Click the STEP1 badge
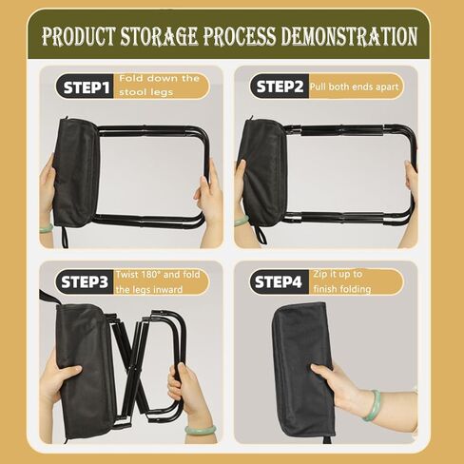pyautogui.click(x=85, y=87)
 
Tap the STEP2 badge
pyautogui.click(x=280, y=87)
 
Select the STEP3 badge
pyautogui.click(x=85, y=281)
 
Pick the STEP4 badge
pyautogui.click(x=279, y=281)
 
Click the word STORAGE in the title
pyautogui.click(x=159, y=35)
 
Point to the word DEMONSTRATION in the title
pyautogui.click(x=349, y=36)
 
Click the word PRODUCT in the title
pyautogui.click(x=79, y=36)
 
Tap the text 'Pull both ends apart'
pyautogui.click(x=354, y=87)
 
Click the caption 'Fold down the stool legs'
pyautogui.click(x=159, y=86)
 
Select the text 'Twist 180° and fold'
pyautogui.click(x=158, y=275)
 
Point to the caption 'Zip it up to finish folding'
pyautogui.click(x=342, y=281)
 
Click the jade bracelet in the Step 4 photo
pyautogui.click(x=373, y=405)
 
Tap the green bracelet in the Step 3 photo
pyautogui.click(x=201, y=430)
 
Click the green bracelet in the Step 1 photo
pyautogui.click(x=47, y=228)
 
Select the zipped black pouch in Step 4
pyautogui.click(x=302, y=370)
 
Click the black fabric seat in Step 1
pyautogui.click(x=77, y=173)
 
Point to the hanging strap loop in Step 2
pyautogui.click(x=260, y=234)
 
